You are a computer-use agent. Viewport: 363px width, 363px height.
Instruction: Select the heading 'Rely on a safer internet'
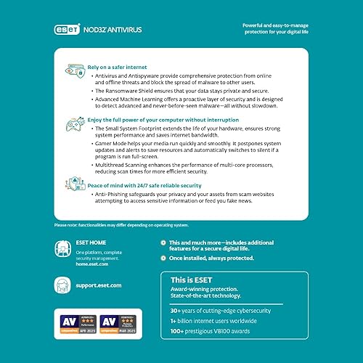[x=117, y=65]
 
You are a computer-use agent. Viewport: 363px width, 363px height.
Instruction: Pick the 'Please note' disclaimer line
[x=116, y=224]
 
